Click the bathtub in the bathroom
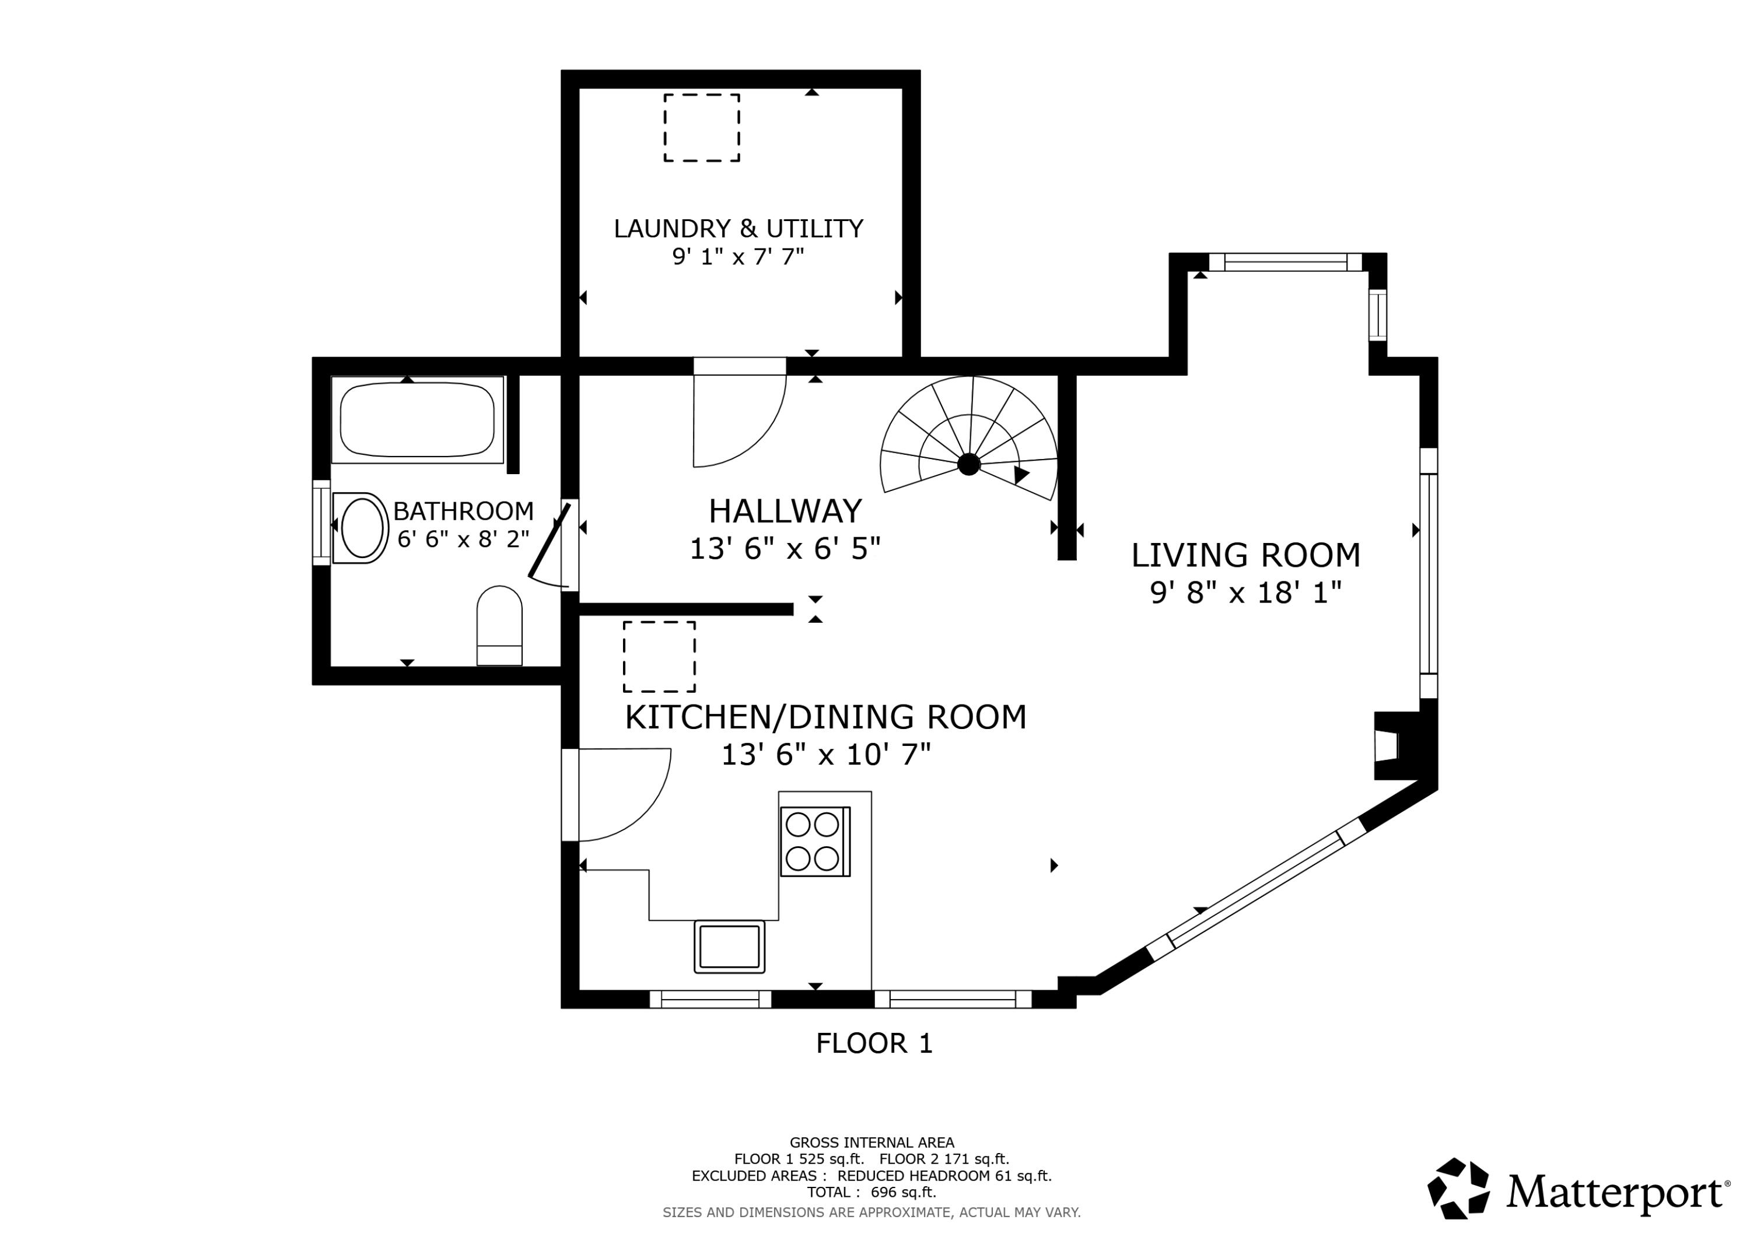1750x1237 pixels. tap(417, 420)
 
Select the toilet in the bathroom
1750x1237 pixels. tap(499, 626)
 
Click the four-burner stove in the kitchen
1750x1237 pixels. tap(815, 842)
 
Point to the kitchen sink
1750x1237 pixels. tap(729, 946)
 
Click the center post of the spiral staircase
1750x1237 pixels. tap(969, 464)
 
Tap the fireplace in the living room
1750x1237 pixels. tap(1396, 745)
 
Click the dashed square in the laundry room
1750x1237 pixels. tap(701, 128)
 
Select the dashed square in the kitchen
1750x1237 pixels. tap(659, 656)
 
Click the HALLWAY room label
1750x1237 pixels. tap(785, 511)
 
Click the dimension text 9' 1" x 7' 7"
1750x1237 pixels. tap(738, 257)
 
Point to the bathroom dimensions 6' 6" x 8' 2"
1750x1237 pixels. tap(463, 539)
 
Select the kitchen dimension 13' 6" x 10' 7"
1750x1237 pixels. tap(826, 755)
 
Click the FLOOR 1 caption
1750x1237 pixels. tap(874, 1043)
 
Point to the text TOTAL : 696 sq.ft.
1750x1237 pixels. tap(871, 1192)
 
